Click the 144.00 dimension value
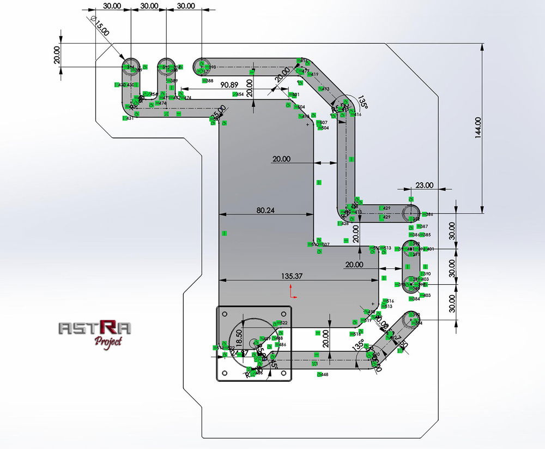pyautogui.click(x=478, y=128)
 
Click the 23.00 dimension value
pyautogui.click(x=424, y=185)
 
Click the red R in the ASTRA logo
pyautogui.click(x=109, y=327)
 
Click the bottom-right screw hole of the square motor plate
pyautogui.click(x=283, y=374)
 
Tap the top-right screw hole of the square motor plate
pyautogui.click(x=283, y=313)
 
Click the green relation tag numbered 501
pyautogui.click(x=294, y=95)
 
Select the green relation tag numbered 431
pyautogui.click(x=129, y=118)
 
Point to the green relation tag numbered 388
pyautogui.click(x=208, y=81)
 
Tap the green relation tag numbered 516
pyautogui.click(x=389, y=301)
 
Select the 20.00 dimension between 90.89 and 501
pyautogui.click(x=249, y=87)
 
